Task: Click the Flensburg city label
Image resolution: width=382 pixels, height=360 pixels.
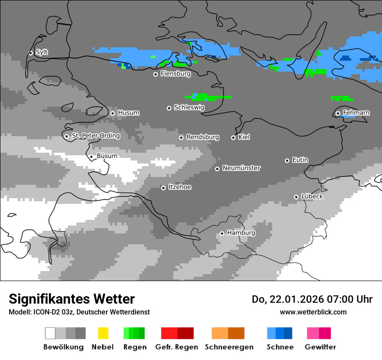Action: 175,74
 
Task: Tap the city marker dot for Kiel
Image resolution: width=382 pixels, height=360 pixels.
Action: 233,137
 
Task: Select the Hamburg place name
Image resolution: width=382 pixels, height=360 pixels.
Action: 241,233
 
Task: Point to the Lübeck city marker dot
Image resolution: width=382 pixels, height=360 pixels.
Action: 296,197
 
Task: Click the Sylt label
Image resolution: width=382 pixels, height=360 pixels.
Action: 42,52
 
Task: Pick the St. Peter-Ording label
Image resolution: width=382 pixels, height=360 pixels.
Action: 95,136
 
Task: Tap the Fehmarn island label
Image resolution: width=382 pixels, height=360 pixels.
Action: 356,113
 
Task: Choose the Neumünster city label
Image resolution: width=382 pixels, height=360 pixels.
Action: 241,168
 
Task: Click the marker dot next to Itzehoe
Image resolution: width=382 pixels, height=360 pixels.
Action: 163,188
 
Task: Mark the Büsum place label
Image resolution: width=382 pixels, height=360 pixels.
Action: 107,156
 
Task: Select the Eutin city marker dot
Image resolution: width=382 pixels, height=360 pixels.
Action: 287,160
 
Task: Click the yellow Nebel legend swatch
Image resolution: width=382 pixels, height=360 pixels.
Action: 103,333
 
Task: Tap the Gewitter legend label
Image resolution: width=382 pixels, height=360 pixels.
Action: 320,347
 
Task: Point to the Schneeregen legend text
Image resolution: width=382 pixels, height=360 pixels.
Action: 229,347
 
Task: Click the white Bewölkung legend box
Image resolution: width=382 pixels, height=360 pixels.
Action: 50,333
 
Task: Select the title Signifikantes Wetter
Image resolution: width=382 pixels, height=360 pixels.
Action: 72,299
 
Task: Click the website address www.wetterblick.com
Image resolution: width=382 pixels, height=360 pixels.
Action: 313,312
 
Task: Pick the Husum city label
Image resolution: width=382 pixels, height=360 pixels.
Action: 128,113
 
